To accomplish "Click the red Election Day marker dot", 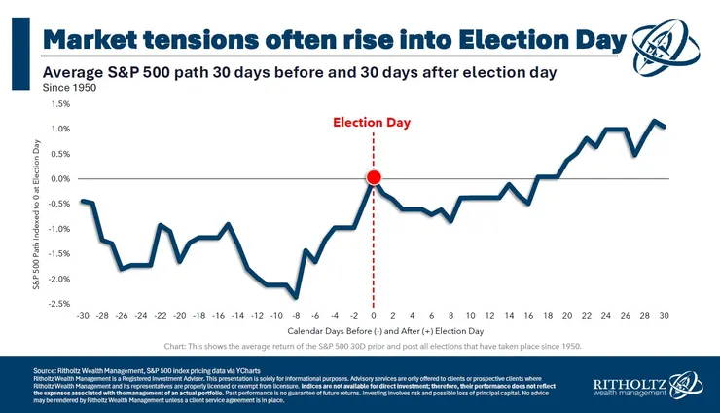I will point(374,177).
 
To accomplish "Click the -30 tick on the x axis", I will point(84,316).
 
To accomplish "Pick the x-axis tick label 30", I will point(665,316).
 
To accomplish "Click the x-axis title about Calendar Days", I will point(373,331).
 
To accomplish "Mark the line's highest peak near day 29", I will point(655,122).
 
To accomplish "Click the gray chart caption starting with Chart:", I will point(373,347).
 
